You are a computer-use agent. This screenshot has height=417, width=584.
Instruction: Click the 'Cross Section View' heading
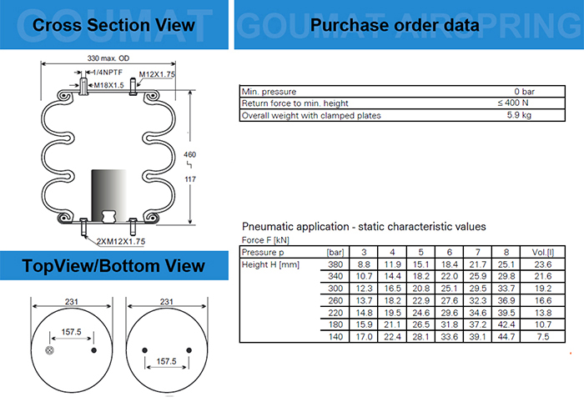[113, 24]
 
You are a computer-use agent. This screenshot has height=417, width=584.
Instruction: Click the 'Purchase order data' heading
[394, 25]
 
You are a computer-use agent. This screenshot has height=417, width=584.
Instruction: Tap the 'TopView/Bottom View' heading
[113, 266]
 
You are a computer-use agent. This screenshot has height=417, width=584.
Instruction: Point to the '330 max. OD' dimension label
[109, 58]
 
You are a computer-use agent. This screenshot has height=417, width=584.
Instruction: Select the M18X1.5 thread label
[108, 85]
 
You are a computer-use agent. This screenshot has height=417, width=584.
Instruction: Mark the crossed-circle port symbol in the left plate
[50, 349]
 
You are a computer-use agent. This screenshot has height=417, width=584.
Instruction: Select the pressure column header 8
[506, 252]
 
